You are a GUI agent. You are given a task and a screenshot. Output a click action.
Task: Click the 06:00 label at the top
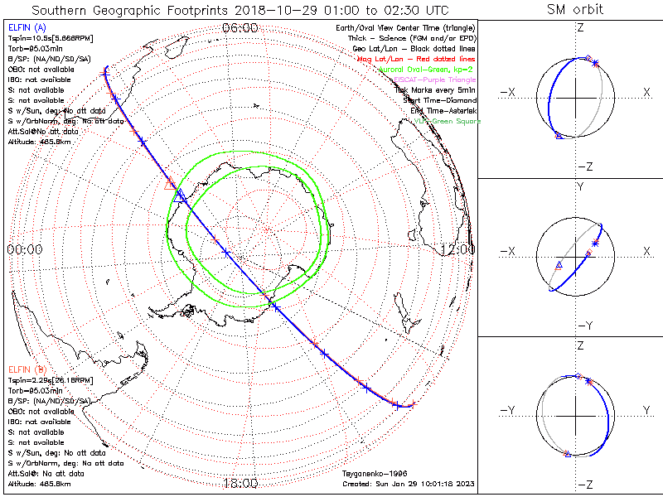240,27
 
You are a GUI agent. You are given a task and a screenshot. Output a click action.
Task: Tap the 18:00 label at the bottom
240,483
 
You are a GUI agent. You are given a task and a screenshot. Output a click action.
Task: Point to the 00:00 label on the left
25,248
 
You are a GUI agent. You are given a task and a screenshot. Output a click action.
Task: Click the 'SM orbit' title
575,10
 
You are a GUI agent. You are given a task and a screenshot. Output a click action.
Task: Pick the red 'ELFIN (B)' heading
27,368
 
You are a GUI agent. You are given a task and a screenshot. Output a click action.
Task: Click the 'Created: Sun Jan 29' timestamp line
408,484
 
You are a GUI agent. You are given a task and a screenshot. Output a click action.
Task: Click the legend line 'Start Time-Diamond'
442,100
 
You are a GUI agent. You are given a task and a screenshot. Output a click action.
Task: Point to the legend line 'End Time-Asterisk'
444,110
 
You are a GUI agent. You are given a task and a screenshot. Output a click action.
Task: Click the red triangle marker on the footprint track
170,184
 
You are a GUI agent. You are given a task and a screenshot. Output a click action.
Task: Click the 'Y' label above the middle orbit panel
579,187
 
